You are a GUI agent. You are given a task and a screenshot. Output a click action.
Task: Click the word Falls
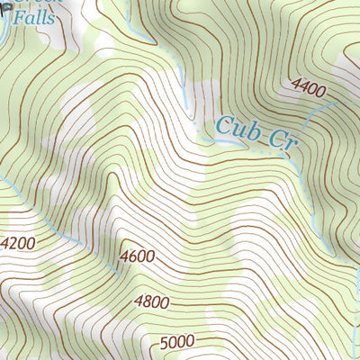coord(34,17)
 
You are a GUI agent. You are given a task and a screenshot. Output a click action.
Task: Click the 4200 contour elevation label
coord(19,243)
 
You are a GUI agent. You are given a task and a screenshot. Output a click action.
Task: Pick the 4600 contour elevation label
coord(137,257)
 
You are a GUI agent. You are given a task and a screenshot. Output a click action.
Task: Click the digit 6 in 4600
coord(132,257)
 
